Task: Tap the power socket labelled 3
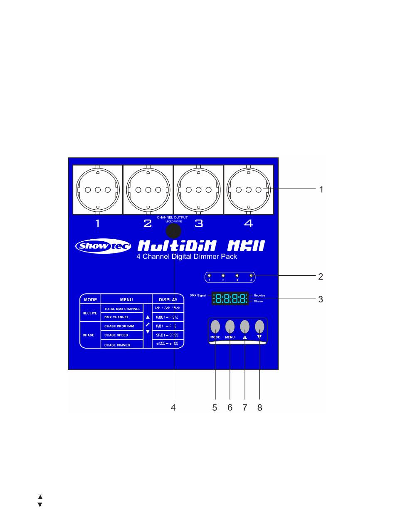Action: (198, 190)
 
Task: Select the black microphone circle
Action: (174, 233)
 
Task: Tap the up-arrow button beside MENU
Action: (245, 326)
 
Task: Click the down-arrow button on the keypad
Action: (259, 326)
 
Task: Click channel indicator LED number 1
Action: (210, 276)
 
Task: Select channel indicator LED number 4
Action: (251, 276)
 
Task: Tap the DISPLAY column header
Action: (168, 299)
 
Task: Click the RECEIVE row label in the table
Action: (90, 313)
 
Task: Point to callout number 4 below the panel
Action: (173, 408)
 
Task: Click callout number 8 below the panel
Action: (260, 408)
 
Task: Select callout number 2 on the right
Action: (321, 276)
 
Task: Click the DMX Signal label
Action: (198, 295)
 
